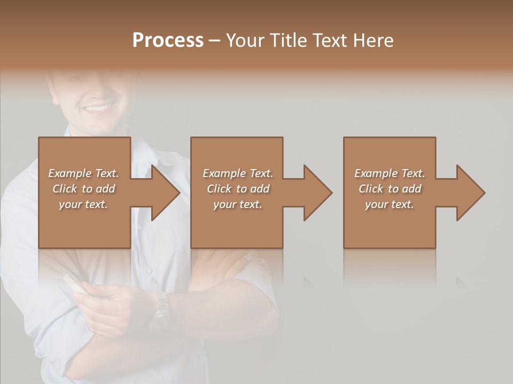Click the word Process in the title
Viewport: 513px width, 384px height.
tap(168, 40)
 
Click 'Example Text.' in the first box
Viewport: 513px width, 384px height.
tap(84, 173)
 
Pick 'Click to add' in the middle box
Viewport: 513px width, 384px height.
tap(238, 188)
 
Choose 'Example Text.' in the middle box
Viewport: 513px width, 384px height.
tap(238, 173)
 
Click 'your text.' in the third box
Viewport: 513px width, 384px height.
tap(390, 204)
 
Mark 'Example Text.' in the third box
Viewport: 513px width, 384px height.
tap(390, 173)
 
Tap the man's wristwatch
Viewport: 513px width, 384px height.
tap(159, 309)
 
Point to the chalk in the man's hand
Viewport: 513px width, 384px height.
tap(73, 283)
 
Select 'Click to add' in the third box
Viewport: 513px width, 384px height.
tap(390, 188)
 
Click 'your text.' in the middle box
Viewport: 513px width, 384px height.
tap(238, 204)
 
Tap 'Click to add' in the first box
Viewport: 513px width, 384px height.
tap(84, 188)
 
